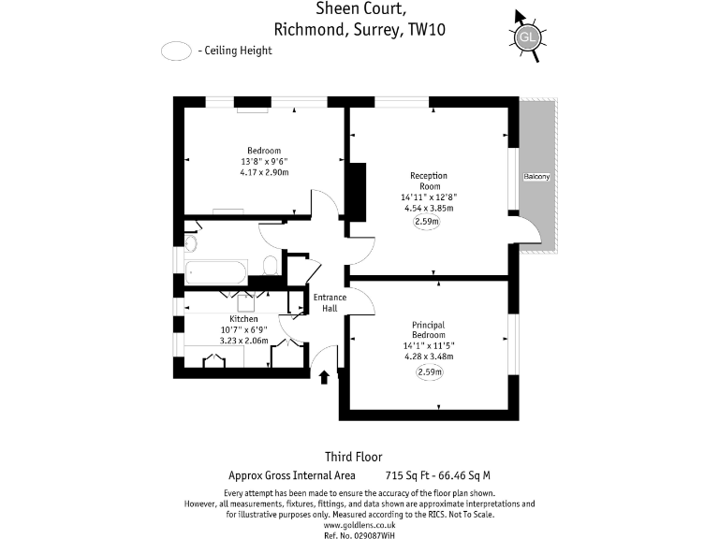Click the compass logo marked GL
527,37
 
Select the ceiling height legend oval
176,51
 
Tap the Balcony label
536,177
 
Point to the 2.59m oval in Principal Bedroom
428,371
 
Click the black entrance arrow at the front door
325,376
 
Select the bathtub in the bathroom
216,273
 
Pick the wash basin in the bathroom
190,244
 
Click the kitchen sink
246,301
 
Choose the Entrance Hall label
330,303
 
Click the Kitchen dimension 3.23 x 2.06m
243,341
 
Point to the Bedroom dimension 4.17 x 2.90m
264,172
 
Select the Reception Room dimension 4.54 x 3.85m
428,209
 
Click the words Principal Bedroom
428,330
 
